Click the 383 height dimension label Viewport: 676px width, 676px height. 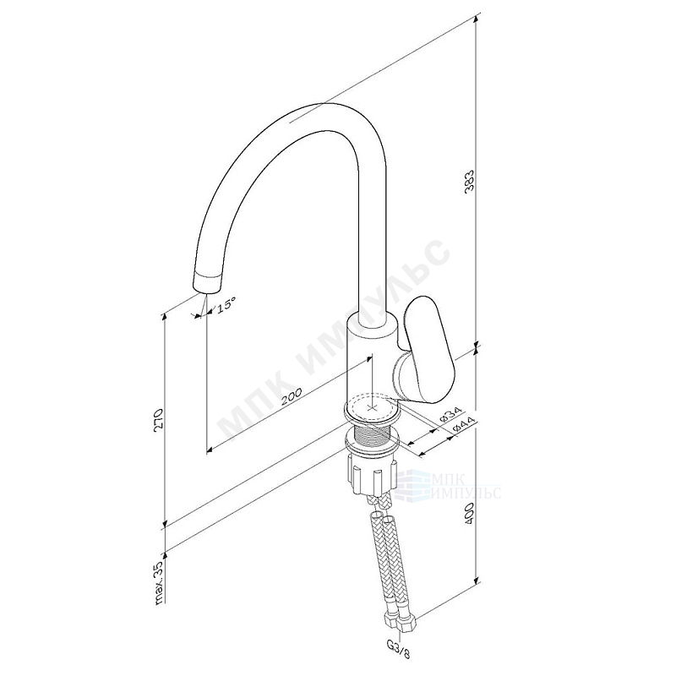point(469,182)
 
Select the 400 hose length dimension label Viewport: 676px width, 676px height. point(470,513)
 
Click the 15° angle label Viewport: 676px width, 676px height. point(226,304)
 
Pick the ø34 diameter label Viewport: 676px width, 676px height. point(450,415)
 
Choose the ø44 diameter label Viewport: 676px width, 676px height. point(463,426)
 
